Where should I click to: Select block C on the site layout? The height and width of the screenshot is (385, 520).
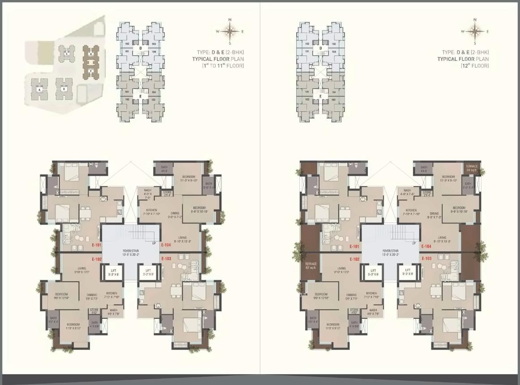tap(67, 54)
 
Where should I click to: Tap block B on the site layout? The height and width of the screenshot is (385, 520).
tap(64, 89)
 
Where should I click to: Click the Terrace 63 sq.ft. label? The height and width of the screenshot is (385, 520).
tap(311, 266)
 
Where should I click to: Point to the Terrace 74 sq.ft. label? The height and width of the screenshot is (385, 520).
tap(472, 168)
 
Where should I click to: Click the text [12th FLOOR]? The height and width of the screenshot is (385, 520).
tap(475, 66)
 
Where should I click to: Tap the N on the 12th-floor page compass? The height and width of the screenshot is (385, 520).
tap(475, 20)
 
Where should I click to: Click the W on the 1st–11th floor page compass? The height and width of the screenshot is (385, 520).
tap(217, 32)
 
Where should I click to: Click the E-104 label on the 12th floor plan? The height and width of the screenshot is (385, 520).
tap(426, 246)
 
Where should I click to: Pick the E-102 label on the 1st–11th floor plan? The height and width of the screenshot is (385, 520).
tap(97, 259)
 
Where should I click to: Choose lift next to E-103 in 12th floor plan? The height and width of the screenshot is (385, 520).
tap(407, 272)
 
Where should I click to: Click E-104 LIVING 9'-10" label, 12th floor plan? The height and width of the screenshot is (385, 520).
tap(442, 240)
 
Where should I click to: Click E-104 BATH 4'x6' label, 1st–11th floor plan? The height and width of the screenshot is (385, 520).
tap(164, 169)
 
